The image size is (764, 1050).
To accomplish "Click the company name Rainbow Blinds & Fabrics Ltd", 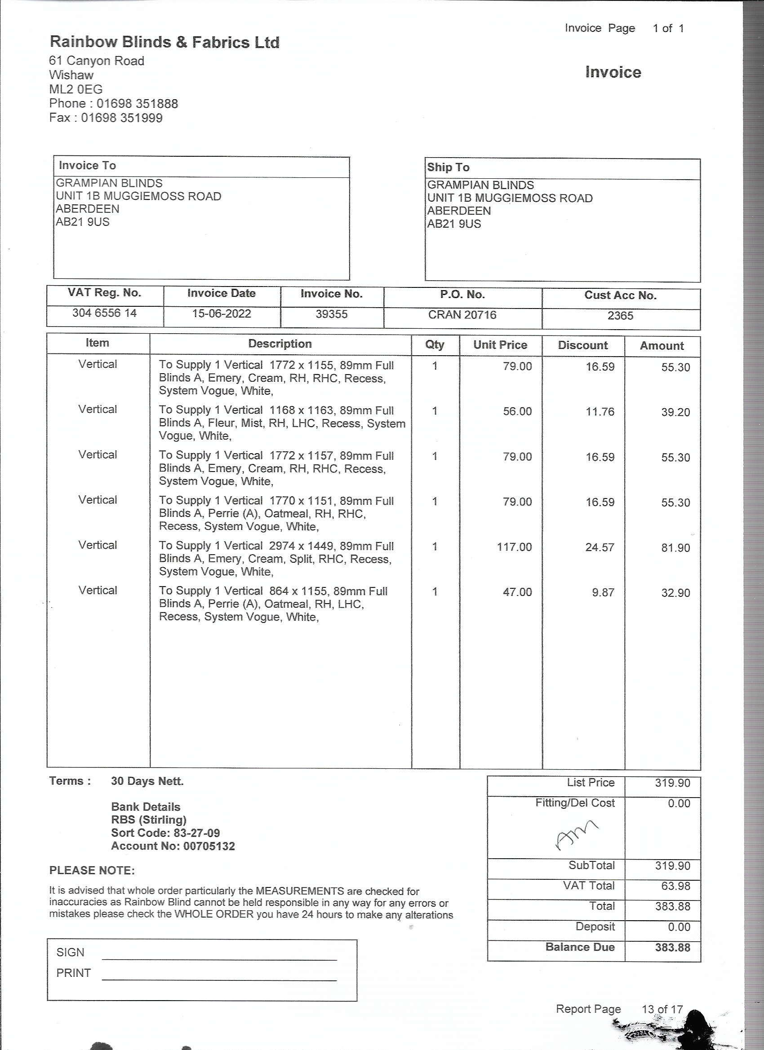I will pos(164,43).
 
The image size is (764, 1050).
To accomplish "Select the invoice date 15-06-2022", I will pos(222,313).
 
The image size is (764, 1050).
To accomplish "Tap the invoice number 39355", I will pos(331,314).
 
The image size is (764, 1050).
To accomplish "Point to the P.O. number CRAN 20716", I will pos(462,315).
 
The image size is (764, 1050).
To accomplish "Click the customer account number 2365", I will pos(620,316).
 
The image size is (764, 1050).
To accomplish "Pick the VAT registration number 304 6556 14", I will pos(104,313).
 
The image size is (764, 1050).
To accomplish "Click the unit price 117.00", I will pos(514,547).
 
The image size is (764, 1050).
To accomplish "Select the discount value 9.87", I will pos(603,592).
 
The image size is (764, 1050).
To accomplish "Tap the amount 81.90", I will pos(675,548).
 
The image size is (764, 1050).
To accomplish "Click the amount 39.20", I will pos(675,412).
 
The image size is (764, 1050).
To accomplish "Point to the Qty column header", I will pos(435,344).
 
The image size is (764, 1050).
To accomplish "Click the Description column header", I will pos(280,344).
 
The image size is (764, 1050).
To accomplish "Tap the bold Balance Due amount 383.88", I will pos(672,947).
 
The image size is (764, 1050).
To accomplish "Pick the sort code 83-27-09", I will pos(196,833).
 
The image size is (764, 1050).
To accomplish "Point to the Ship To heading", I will pos(448,167).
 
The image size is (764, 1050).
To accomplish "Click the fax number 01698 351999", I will pos(122,118).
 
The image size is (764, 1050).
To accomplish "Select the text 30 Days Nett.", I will pos(147,781).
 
